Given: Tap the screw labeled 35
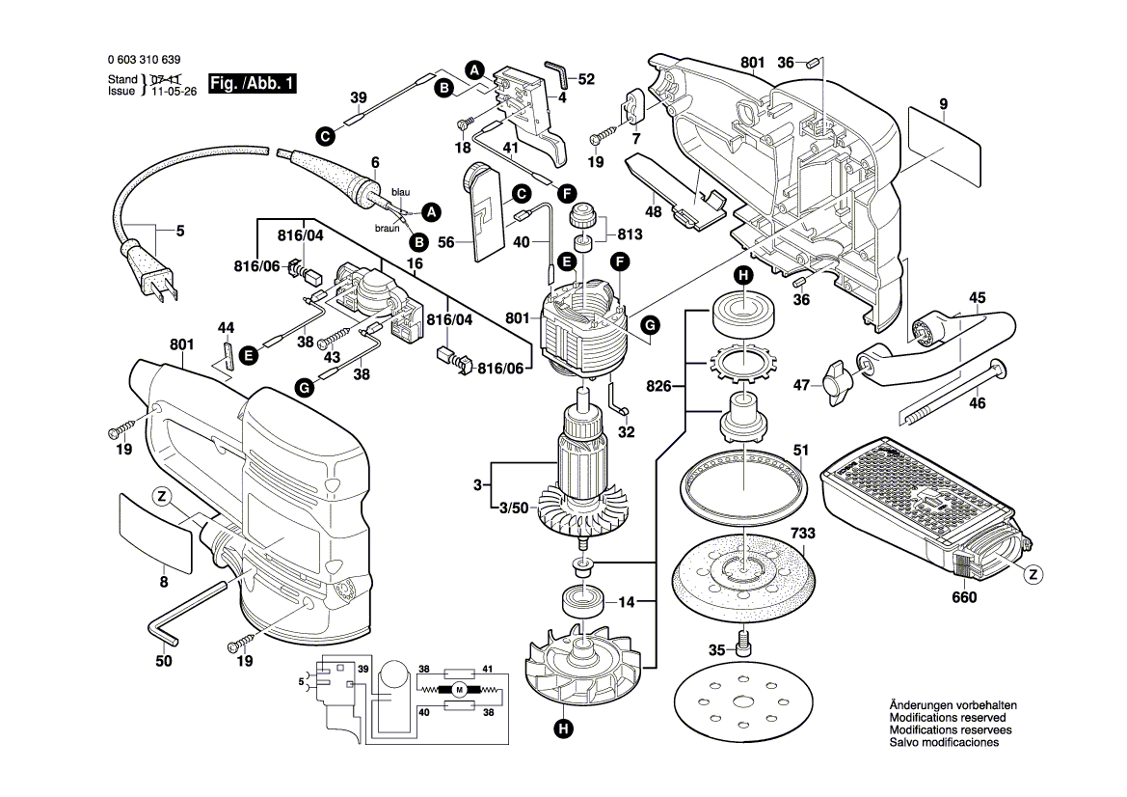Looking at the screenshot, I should [x=742, y=640].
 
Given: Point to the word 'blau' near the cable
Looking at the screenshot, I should [x=400, y=193].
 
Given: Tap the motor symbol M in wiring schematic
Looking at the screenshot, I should [x=460, y=688].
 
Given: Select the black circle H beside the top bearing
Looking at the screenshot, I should [x=743, y=276].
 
